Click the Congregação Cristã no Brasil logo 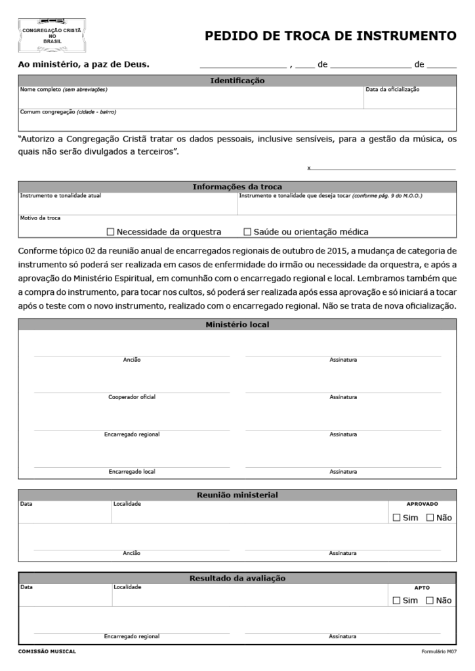point(52,36)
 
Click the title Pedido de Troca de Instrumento point(330,36)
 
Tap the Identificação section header point(237,81)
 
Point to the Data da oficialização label point(392,89)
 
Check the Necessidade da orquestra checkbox point(111,231)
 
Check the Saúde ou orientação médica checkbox point(247,231)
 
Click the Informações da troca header point(237,187)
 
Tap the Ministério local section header point(237,324)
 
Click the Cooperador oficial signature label point(132,396)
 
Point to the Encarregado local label point(132,471)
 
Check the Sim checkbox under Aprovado point(396,518)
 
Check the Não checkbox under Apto point(430,600)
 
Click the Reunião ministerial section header point(237,495)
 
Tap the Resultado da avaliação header point(237,578)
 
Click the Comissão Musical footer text point(47,651)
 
